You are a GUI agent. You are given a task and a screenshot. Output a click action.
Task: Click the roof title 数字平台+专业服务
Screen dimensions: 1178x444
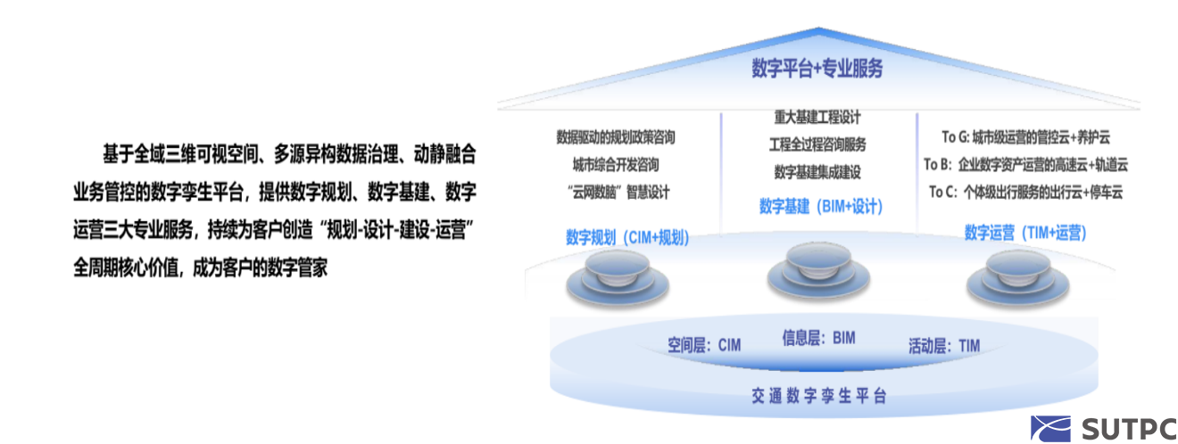coord(817,69)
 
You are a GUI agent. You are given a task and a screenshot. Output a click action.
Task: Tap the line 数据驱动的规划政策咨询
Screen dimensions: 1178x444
coord(615,137)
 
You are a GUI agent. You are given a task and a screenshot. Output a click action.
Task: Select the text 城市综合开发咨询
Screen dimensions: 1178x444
coord(615,165)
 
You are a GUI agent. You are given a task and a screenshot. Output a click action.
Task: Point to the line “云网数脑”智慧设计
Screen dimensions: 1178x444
coord(618,193)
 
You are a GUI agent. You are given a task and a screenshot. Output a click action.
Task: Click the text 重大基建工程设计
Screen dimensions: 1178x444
coord(817,117)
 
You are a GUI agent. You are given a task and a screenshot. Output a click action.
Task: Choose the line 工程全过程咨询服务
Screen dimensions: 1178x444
coord(817,144)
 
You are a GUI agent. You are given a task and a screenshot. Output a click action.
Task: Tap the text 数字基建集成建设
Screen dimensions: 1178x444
coord(817,172)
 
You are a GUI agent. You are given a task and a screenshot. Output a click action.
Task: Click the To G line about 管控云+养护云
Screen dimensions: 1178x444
coord(1025,137)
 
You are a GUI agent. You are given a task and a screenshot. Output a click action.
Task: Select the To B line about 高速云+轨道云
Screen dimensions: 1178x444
coord(1025,165)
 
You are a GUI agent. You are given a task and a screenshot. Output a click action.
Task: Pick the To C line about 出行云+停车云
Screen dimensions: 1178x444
coord(1025,193)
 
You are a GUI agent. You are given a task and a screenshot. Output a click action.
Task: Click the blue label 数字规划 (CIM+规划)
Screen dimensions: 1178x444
coord(627,237)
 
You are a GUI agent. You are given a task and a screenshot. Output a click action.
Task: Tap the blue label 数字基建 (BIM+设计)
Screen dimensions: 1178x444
coord(821,207)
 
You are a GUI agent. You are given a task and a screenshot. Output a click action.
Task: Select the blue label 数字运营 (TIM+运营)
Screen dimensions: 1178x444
coord(1025,232)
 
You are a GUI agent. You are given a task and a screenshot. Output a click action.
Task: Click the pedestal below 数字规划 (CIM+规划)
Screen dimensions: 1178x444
coord(618,277)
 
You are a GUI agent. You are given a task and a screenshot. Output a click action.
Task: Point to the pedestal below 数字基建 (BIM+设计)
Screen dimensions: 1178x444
coord(818,270)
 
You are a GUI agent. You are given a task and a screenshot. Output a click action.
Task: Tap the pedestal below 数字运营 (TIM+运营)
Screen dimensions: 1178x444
coord(1017,277)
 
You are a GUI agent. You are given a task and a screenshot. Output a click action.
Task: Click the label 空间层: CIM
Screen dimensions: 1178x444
coord(704,345)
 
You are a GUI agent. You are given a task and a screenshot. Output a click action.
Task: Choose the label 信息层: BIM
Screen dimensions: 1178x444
coord(819,338)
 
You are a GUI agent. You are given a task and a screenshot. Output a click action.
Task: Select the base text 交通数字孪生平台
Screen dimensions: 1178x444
coord(819,396)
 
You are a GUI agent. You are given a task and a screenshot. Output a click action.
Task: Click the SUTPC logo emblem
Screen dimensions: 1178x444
coord(1050,429)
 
